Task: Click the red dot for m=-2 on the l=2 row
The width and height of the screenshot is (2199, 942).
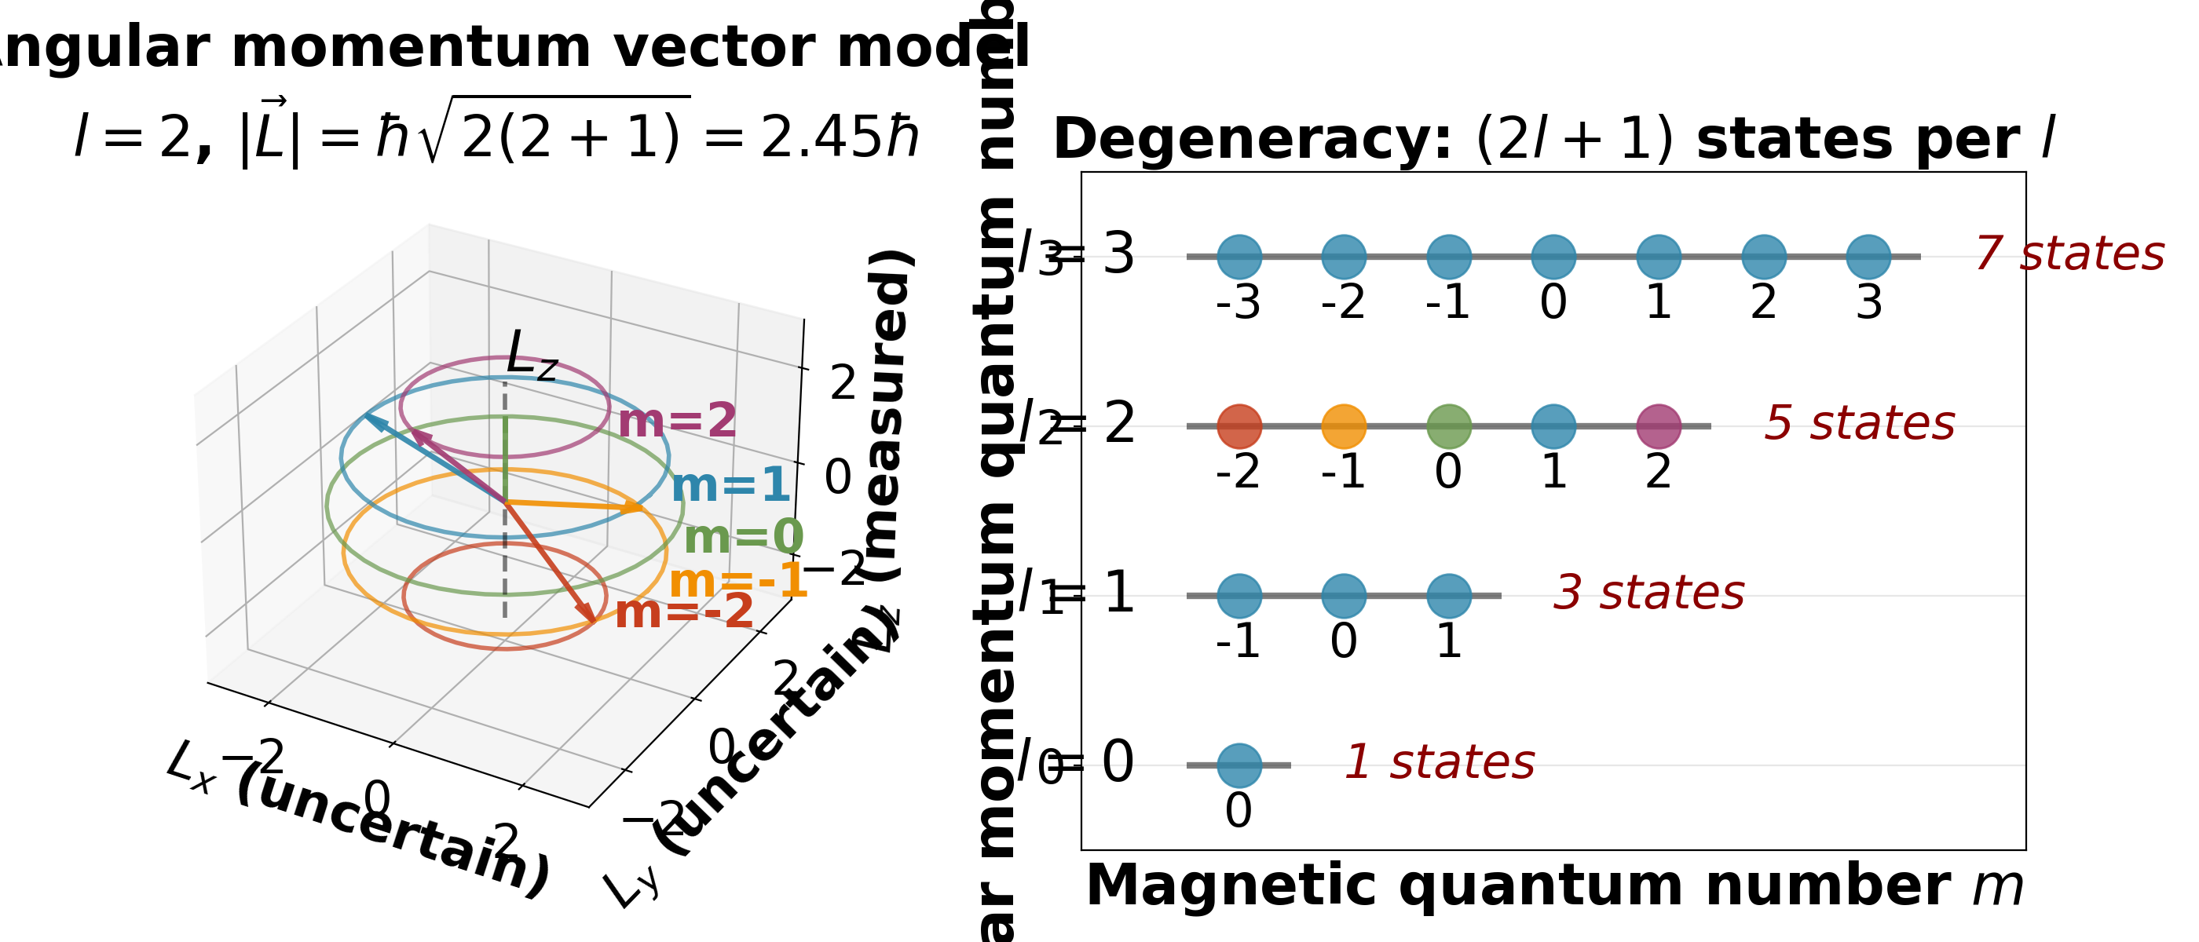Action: [x=1239, y=426]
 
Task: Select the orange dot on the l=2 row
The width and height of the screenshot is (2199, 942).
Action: [x=1344, y=426]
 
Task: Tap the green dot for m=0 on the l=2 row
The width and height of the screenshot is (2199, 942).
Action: [x=1449, y=426]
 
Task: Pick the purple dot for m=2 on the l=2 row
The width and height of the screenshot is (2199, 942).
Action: [x=1659, y=426]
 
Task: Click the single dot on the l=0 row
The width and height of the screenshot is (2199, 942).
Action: [x=1239, y=765]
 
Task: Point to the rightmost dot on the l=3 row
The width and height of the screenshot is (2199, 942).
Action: [x=1868, y=257]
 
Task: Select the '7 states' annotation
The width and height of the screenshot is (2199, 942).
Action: [x=2069, y=254]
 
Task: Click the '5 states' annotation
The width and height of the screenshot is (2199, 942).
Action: [x=1859, y=424]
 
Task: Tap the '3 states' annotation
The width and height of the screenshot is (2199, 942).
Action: [x=1648, y=593]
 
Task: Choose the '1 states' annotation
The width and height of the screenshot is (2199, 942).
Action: [x=1440, y=763]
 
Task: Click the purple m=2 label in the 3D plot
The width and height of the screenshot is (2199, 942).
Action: [x=677, y=422]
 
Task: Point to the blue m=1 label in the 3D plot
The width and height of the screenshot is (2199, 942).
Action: [x=730, y=485]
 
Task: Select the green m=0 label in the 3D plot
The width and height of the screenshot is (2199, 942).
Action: [x=744, y=538]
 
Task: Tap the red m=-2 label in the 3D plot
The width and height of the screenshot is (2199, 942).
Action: [x=684, y=612]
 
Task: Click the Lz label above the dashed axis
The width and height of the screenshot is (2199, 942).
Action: [x=531, y=354]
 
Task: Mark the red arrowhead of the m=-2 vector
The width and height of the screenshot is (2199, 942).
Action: [x=587, y=615]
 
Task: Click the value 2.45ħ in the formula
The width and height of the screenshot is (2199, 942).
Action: [x=839, y=138]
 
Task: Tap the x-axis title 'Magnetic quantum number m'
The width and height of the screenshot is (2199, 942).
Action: [x=1553, y=887]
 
